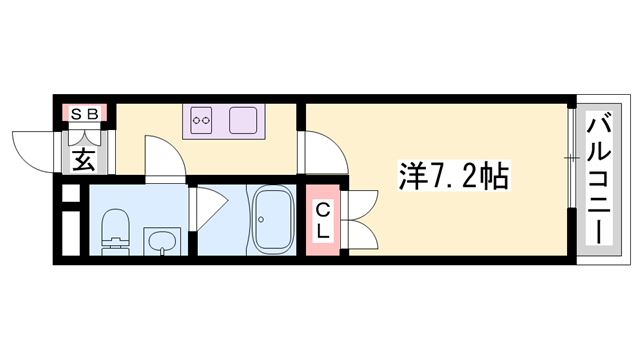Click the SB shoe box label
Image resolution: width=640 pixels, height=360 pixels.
click(x=84, y=114)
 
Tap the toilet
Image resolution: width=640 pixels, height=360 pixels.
click(x=115, y=229)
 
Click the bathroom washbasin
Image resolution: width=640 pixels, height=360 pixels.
click(x=161, y=239)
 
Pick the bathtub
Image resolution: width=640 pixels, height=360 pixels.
click(x=270, y=220)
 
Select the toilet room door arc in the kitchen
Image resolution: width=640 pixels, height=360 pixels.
click(x=160, y=158)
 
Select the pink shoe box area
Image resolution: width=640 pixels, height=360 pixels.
click(x=84, y=114)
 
